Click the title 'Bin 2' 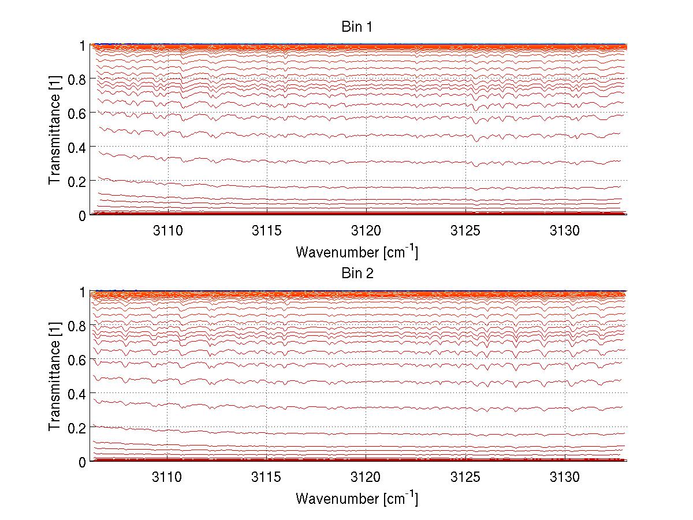tap(357, 274)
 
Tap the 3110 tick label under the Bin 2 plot tap(167, 477)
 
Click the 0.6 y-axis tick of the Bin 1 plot tap(79, 113)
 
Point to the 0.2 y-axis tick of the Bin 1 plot tap(79, 181)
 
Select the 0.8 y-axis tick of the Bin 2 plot tap(79, 326)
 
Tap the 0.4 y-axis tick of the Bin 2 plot tap(79, 394)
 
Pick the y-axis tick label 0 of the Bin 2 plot tap(83, 462)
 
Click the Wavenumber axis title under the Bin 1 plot tap(356, 252)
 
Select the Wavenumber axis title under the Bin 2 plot tap(356, 498)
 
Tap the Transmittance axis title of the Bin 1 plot tap(55, 130)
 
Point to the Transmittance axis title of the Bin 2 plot tap(55, 377)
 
